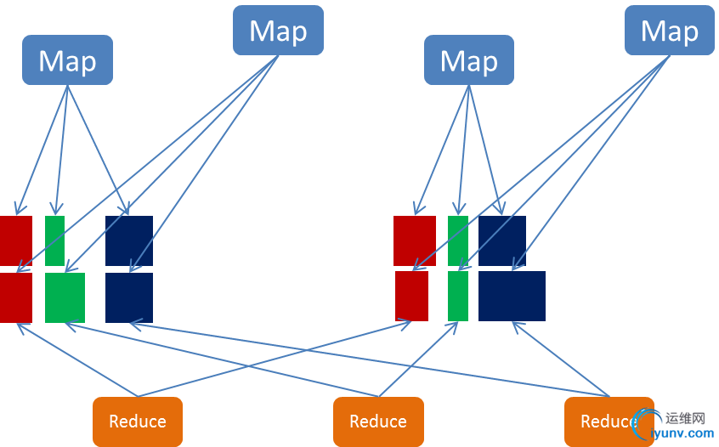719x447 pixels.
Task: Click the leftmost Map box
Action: (67, 60)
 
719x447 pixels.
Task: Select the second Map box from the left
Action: (278, 31)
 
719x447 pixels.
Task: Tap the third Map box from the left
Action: (468, 60)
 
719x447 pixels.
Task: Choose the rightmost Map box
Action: (669, 31)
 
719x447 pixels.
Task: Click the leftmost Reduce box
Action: (138, 422)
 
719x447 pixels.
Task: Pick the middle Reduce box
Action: (377, 422)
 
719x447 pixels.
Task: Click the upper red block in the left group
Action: (15, 240)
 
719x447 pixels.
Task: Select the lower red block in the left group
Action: (15, 297)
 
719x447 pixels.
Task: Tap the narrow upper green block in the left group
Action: (54, 240)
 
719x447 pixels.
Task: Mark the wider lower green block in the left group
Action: (65, 297)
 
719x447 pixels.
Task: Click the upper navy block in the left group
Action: (129, 240)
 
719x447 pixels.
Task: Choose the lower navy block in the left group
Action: (129, 297)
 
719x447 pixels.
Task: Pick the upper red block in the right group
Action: (415, 240)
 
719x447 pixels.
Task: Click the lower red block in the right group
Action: (412, 296)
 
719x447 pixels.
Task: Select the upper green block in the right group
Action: (458, 240)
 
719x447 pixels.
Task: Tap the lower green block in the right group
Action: (458, 296)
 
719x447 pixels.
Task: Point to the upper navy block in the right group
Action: (502, 240)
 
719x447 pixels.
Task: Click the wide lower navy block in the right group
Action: (512, 296)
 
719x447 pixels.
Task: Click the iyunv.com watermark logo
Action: (680, 426)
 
